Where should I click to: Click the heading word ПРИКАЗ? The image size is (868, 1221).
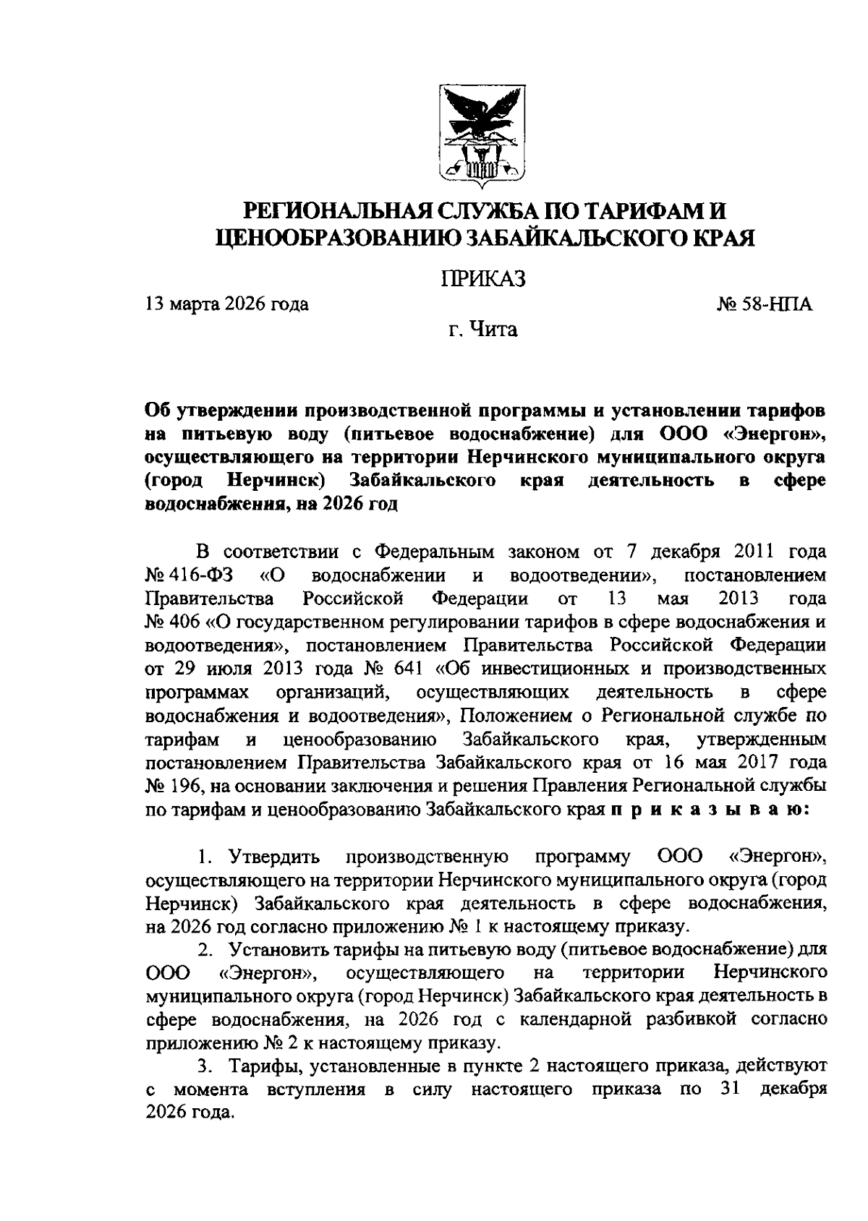[482, 278]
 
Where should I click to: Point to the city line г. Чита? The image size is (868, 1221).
[482, 330]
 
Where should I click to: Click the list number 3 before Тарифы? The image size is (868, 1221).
[204, 1066]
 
